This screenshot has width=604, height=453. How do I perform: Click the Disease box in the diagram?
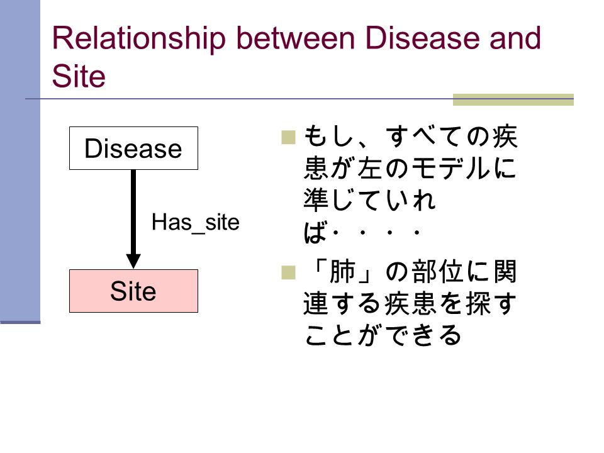click(x=133, y=148)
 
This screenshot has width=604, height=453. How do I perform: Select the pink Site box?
click(x=133, y=291)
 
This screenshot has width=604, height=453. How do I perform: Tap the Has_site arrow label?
click(x=195, y=223)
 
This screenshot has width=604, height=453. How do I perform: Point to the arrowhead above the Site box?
click(x=133, y=261)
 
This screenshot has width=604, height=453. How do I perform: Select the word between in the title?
click(x=296, y=38)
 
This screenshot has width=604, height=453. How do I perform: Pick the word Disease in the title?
click(x=422, y=38)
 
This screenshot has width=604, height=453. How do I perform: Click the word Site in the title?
click(x=79, y=76)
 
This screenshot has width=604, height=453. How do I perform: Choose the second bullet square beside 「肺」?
click(x=289, y=272)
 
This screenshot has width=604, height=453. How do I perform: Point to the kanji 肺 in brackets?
click(x=342, y=272)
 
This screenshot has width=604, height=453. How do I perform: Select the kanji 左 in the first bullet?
click(x=370, y=169)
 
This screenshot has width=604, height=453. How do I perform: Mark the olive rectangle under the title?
click(x=513, y=99)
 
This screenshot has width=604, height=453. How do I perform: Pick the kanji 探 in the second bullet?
click(x=478, y=303)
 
